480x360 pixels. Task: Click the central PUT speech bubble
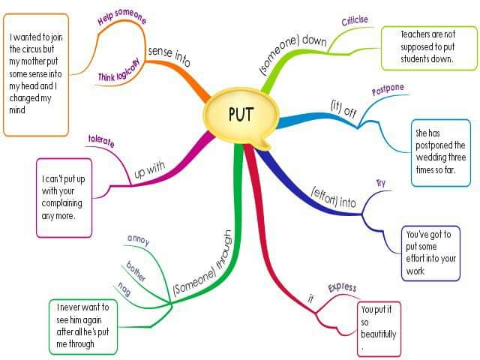(241, 114)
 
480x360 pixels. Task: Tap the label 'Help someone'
(122, 17)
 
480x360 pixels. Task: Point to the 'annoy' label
(139, 241)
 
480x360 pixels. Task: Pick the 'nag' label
(124, 287)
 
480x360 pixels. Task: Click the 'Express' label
(342, 287)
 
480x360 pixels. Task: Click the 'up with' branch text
(149, 170)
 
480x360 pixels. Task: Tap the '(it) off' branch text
(343, 106)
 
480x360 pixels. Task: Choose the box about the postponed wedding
(439, 153)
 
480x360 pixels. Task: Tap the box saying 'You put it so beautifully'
(379, 328)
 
